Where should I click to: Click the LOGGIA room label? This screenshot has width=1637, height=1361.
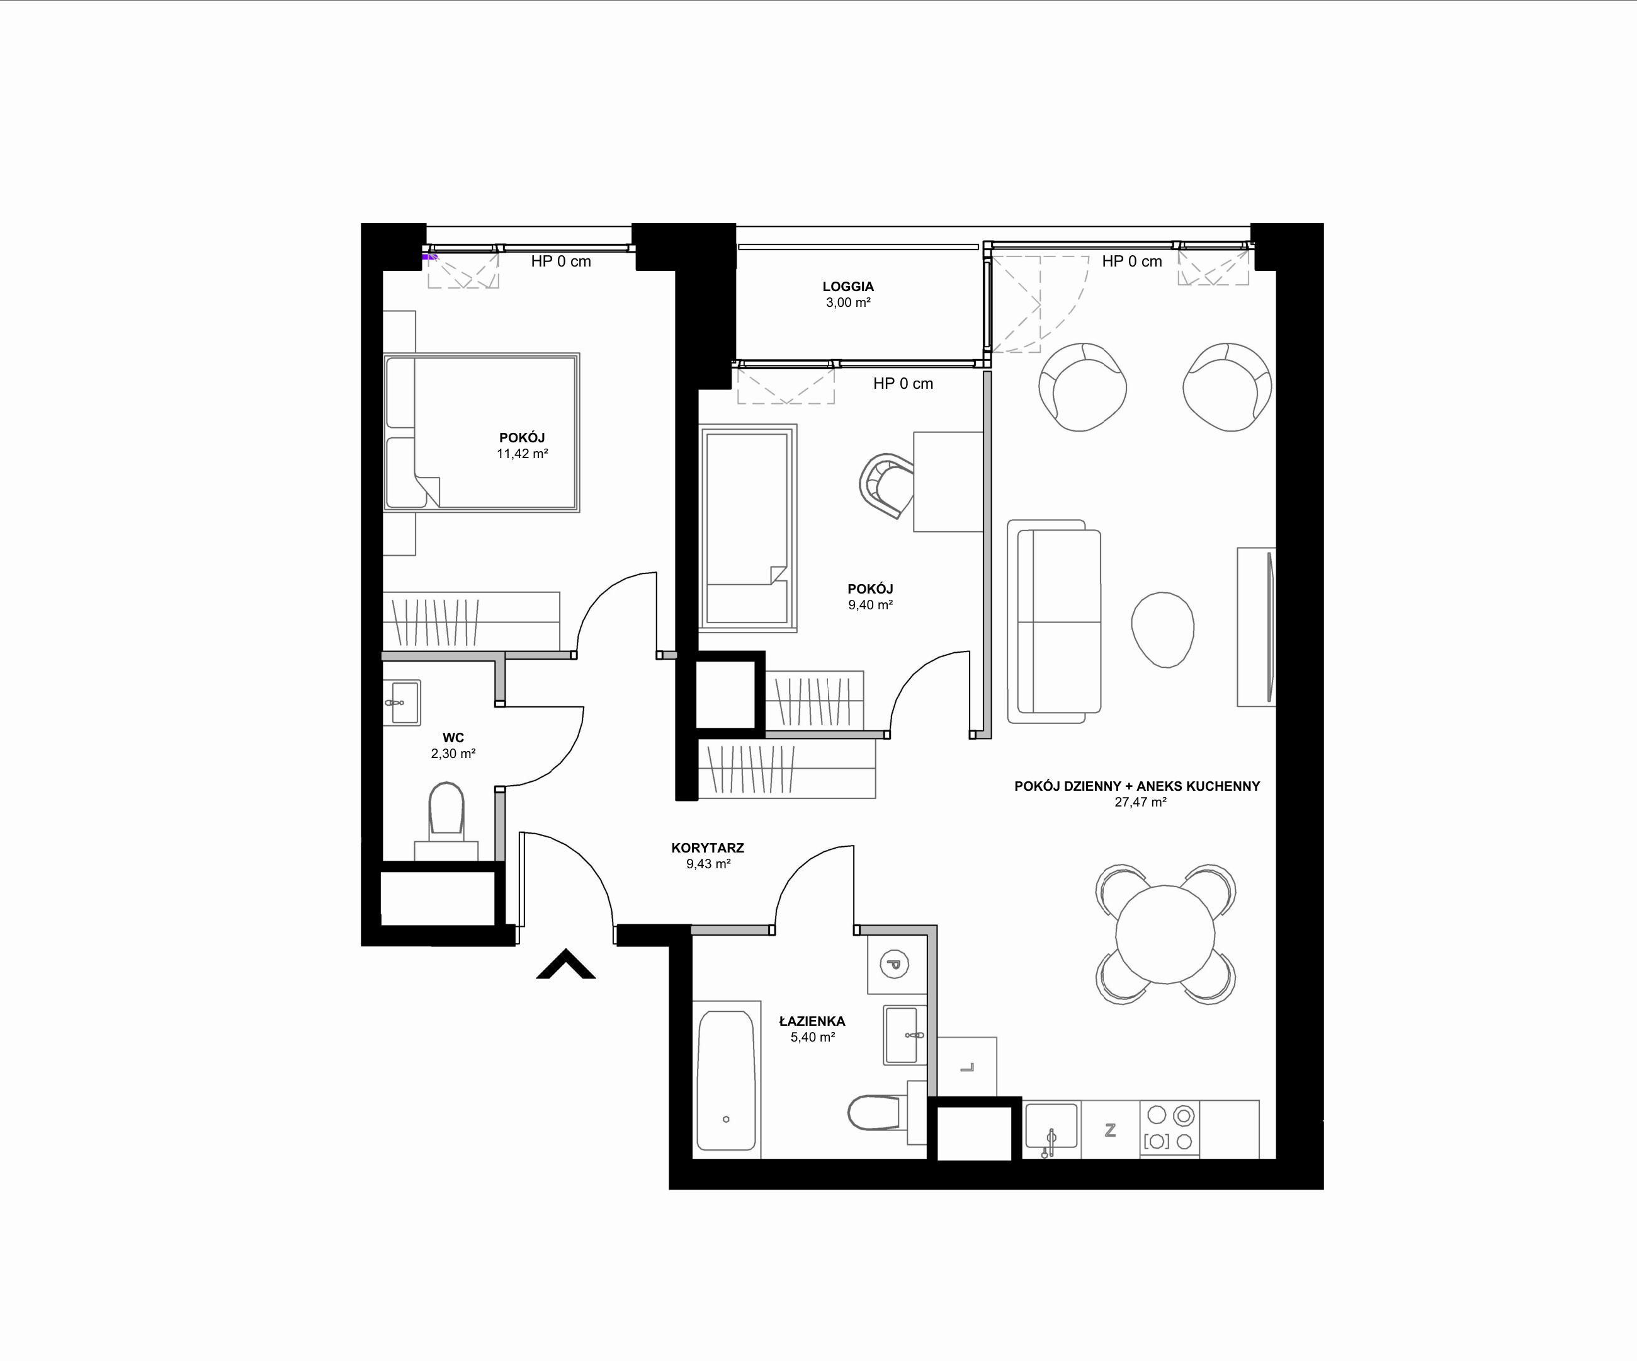pos(848,286)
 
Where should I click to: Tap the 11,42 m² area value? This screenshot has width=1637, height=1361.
pos(523,453)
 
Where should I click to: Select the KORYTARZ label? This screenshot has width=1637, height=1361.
pos(708,848)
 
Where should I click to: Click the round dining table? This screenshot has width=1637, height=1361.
pos(1165,934)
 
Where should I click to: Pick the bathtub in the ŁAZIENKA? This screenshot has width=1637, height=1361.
pos(726,1080)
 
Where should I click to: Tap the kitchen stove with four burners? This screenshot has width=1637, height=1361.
pos(1169,1128)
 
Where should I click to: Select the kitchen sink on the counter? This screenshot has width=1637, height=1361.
pos(1051,1128)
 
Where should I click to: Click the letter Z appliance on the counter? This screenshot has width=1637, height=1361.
pos(1111,1129)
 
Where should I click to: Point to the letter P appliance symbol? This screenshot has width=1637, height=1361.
pos(895,964)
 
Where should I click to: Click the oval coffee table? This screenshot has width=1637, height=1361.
pos(1163,629)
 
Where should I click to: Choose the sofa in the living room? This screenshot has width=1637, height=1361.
pos(1055,622)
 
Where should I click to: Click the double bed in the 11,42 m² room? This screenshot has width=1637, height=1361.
pos(482,432)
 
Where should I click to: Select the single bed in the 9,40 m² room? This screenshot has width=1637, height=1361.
pos(749,527)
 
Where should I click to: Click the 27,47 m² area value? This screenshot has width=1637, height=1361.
pos(1140,801)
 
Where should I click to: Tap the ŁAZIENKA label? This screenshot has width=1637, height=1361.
pos(812,1020)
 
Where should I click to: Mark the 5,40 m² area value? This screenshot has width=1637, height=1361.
pos(813,1037)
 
